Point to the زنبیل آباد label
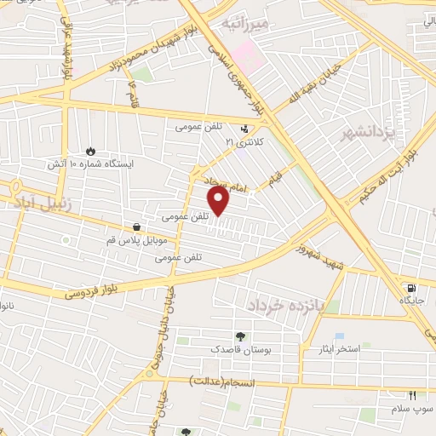point(41,204)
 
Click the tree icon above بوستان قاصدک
point(241,336)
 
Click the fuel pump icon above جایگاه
point(412,288)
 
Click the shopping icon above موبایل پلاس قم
point(137,227)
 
